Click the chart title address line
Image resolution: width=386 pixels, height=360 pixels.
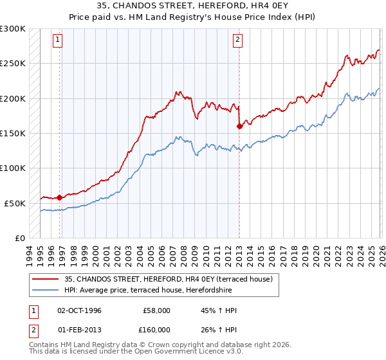(193, 7)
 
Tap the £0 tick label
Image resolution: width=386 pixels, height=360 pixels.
(19, 238)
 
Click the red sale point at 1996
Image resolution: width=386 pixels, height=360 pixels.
(60, 197)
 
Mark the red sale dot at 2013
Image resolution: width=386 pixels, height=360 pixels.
(239, 126)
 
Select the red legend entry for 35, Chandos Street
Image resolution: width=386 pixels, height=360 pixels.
(169, 279)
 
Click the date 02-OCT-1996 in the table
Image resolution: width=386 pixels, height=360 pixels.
(80, 310)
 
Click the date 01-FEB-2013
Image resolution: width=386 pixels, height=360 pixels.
(80, 331)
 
